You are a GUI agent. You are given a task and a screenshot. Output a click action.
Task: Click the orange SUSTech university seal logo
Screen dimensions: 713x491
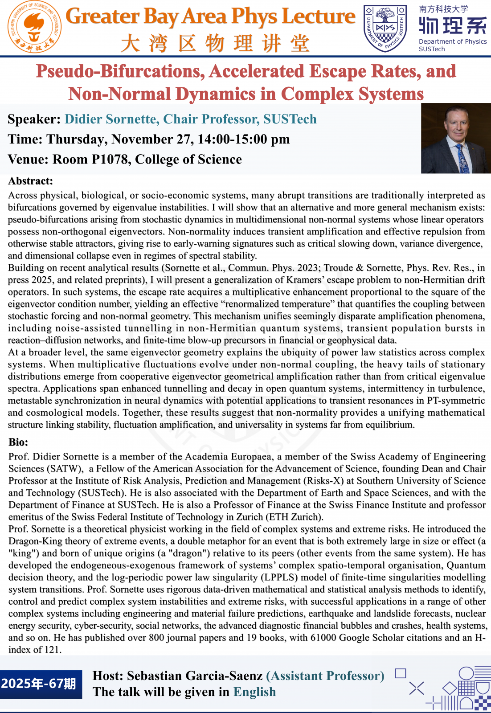coord(35,27)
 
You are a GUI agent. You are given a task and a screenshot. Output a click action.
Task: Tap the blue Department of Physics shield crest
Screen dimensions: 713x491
coord(385,28)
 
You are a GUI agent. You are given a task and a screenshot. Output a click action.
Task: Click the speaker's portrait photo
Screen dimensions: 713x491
coord(455,138)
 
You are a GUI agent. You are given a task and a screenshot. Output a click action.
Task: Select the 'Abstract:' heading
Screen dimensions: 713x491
coord(31,181)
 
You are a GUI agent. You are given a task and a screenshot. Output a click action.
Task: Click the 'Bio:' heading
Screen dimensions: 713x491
coord(18,442)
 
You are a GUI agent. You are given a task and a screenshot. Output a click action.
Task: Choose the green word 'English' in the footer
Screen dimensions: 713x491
coord(254,692)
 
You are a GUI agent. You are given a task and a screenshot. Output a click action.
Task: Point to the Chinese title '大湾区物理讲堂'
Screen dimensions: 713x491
coord(215,44)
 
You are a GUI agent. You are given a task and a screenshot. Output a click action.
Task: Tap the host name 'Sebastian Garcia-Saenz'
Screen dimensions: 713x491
coord(195,676)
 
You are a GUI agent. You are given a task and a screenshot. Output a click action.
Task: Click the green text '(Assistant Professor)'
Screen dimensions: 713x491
coord(325,676)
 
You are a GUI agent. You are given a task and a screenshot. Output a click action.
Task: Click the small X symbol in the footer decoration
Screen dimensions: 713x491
coord(416,688)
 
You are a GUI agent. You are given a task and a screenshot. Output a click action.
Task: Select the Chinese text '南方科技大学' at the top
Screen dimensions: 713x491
coord(443,9)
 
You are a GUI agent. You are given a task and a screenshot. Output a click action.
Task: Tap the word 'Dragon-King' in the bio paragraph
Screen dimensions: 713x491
coord(35,541)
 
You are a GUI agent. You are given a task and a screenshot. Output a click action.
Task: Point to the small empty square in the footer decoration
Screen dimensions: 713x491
coord(401,673)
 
